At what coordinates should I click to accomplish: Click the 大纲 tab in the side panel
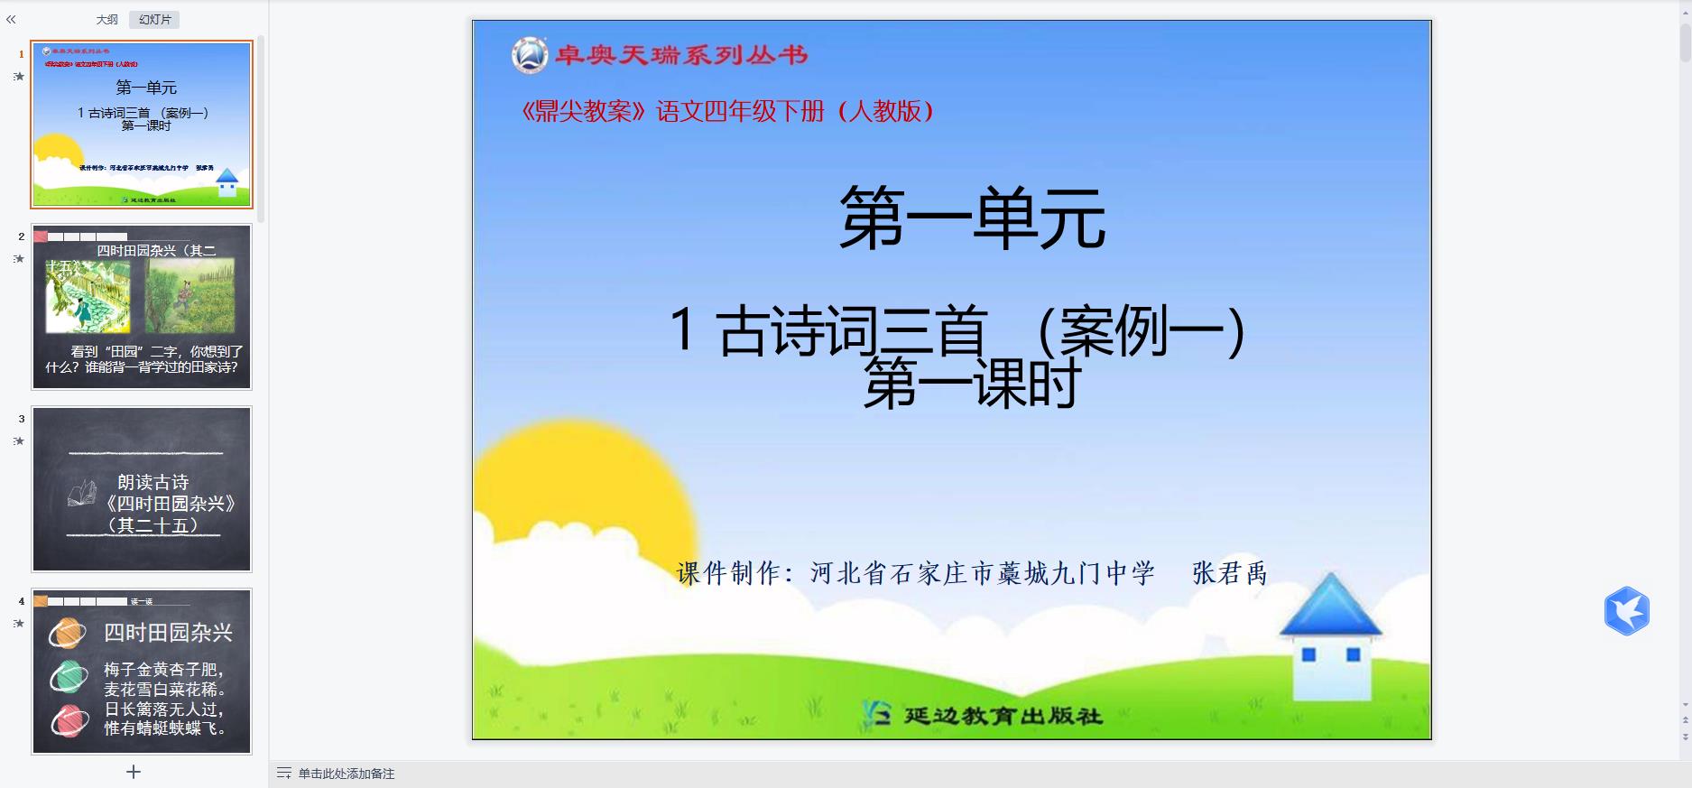coord(106,20)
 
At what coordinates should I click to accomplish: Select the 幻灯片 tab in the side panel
coord(154,20)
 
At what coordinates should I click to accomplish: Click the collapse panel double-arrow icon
coord(11,19)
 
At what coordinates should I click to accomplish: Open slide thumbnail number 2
coord(142,307)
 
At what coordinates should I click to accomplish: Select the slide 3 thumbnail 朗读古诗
coord(142,489)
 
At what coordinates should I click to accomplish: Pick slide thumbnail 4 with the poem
coord(142,672)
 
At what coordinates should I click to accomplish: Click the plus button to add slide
coord(134,772)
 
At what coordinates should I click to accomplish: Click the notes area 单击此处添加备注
coord(347,774)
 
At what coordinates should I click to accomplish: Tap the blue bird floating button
coord(1626,611)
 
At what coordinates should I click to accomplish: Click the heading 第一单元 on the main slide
coord(972,219)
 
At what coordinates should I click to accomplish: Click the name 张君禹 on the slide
coord(1229,573)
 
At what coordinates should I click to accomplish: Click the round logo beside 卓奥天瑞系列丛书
coord(530,55)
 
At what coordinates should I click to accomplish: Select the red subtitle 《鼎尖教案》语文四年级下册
coord(726,111)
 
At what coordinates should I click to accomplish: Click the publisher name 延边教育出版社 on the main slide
coord(1002,716)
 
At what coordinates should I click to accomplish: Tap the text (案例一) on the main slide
coord(1142,331)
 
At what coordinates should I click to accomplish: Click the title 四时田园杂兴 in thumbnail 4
coord(168,633)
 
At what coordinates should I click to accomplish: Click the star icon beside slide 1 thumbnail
coord(19,77)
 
